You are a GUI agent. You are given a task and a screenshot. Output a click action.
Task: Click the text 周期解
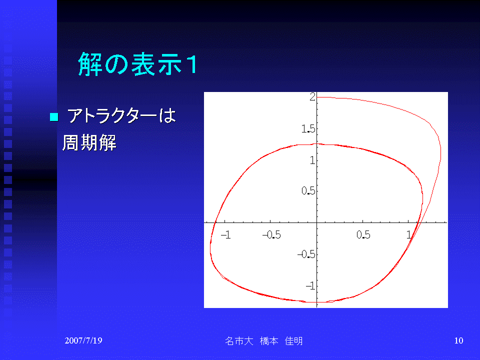click(89, 143)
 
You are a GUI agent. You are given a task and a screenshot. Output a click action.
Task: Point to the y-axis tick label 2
click(312, 97)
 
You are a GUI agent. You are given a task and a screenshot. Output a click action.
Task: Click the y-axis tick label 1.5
click(308, 129)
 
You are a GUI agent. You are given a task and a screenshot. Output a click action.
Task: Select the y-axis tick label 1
click(312, 161)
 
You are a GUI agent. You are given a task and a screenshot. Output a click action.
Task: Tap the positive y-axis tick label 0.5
click(308, 192)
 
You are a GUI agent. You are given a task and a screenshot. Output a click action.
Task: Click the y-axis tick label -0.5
click(306, 255)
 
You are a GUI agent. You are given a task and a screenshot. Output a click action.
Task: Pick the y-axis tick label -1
click(310, 286)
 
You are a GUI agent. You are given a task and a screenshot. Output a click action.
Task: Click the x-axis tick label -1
click(226, 234)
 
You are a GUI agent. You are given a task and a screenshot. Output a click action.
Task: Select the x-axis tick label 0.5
click(363, 234)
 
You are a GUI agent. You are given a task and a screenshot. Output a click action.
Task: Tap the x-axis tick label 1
click(409, 234)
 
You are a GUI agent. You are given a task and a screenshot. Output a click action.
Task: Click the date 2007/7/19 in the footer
click(83, 340)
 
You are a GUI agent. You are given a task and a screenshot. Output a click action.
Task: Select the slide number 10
click(458, 341)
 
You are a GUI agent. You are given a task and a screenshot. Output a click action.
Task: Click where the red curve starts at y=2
click(318, 97)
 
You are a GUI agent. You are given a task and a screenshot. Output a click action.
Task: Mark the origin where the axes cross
click(317, 222)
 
